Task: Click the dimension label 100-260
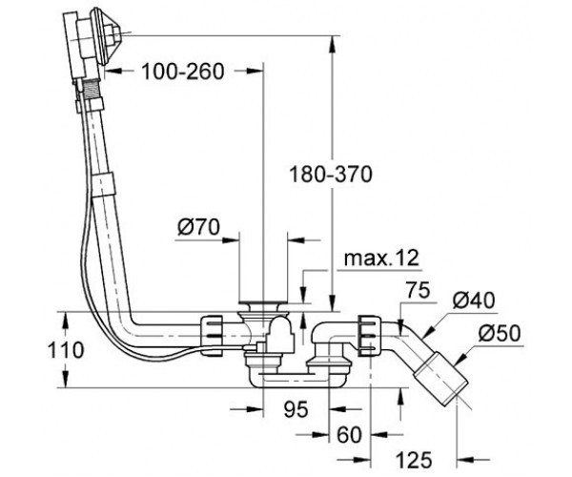click(x=182, y=72)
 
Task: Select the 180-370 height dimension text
click(x=331, y=174)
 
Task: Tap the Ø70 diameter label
click(x=199, y=227)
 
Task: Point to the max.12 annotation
click(x=381, y=259)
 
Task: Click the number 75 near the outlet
click(x=419, y=290)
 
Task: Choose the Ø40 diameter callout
click(x=474, y=301)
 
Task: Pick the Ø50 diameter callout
click(x=500, y=333)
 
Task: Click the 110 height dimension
click(x=66, y=350)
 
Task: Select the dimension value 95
click(x=296, y=408)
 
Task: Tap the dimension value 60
click(x=349, y=435)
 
